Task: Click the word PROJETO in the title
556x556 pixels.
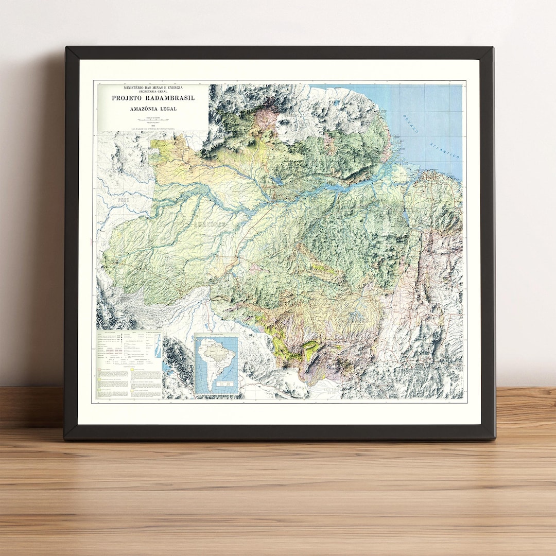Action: click(x=126, y=98)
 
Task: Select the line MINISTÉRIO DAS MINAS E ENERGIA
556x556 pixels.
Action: click(x=153, y=88)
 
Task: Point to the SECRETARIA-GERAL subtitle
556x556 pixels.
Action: click(x=153, y=93)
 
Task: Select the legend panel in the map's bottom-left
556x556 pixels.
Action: click(x=129, y=364)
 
